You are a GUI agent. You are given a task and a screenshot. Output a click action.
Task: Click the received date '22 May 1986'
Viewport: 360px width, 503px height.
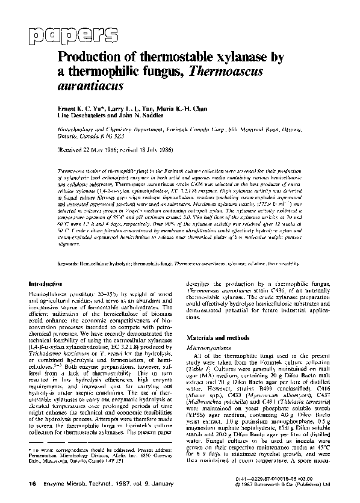click(114, 148)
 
